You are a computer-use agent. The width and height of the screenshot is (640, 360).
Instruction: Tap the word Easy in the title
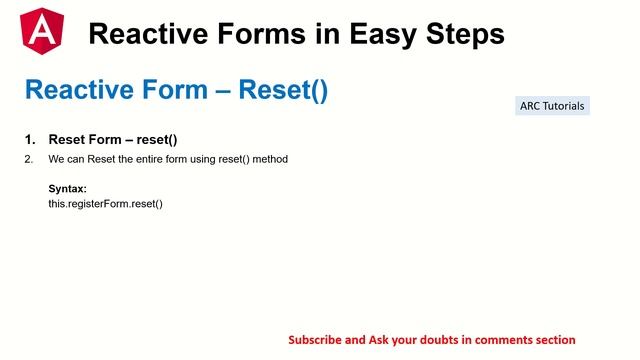pyautogui.click(x=384, y=34)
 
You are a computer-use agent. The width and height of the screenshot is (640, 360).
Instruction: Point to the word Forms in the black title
pyautogui.click(x=263, y=34)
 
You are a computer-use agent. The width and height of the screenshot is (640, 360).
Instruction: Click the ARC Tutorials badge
pyautogui.click(x=552, y=106)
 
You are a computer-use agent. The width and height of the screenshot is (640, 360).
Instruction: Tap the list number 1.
pyautogui.click(x=29, y=139)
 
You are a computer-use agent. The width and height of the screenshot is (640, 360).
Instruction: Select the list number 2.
pyautogui.click(x=29, y=159)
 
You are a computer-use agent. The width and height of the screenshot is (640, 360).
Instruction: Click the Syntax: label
pyautogui.click(x=67, y=189)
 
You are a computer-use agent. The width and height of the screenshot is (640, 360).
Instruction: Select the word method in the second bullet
pyautogui.click(x=269, y=159)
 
